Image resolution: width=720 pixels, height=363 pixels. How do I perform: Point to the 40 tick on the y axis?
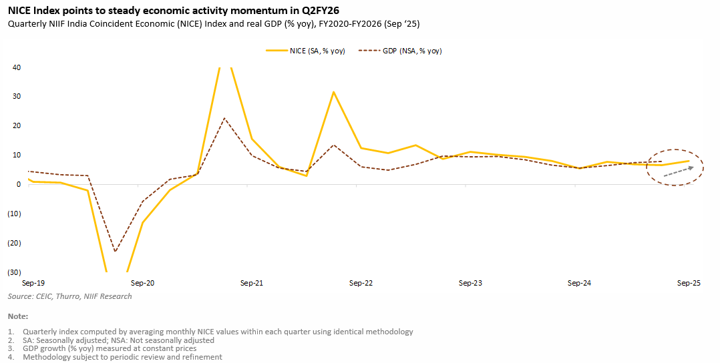point(16,67)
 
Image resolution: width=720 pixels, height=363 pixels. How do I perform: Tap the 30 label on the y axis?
point(16,97)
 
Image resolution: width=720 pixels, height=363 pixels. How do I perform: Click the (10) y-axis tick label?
point(13,214)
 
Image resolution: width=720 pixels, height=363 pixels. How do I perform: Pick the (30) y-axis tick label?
point(13,272)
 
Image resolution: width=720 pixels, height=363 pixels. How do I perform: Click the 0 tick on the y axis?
point(18,184)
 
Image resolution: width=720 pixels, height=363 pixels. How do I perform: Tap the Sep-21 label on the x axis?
point(251,284)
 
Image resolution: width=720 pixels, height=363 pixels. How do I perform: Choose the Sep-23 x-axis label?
point(470,284)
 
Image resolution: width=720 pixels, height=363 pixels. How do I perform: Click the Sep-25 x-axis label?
point(689,284)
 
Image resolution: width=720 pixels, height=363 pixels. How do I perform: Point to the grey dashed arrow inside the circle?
point(679,171)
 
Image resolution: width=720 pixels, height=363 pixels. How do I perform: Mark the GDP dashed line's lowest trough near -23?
point(115,252)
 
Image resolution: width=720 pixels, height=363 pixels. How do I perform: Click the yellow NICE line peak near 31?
point(333,92)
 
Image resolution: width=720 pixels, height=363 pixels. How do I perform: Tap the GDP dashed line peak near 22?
point(224,118)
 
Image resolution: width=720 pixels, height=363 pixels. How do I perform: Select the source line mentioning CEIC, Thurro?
point(69,296)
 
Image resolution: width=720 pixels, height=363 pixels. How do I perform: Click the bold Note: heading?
point(19,316)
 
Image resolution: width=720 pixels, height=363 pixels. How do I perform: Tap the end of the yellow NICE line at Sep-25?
point(689,161)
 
